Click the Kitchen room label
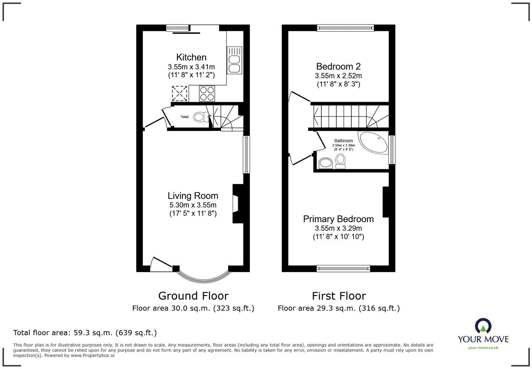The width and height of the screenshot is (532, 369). click(x=191, y=57)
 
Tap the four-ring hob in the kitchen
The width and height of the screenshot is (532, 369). click(x=207, y=94)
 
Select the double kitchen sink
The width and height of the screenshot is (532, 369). click(x=234, y=60)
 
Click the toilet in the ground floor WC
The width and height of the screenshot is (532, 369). click(x=201, y=117)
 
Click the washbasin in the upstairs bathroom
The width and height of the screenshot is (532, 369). click(x=326, y=163)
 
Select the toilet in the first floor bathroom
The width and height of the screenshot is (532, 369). click(x=340, y=161)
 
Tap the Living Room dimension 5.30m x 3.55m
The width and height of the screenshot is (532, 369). click(x=193, y=205)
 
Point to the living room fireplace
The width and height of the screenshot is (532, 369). click(x=237, y=203)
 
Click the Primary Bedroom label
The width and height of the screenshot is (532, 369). click(x=338, y=219)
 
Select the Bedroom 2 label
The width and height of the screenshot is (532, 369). click(x=338, y=66)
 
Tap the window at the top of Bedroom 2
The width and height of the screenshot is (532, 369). click(x=345, y=28)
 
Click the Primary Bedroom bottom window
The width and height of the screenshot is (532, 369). click(x=343, y=269)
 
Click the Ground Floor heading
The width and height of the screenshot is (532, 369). click(x=193, y=296)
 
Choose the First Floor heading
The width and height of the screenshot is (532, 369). click(x=339, y=296)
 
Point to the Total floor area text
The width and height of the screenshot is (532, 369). click(x=85, y=333)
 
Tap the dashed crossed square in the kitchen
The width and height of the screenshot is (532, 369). click(x=179, y=93)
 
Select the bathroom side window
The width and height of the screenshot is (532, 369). click(x=392, y=150)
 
